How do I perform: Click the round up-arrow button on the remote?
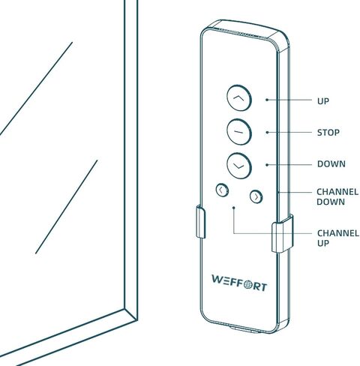(x=239, y=98)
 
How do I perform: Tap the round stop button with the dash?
(x=239, y=132)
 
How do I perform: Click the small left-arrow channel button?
(x=222, y=190)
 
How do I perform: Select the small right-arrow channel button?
(x=256, y=196)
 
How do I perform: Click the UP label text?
(x=323, y=101)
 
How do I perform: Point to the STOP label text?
(x=328, y=133)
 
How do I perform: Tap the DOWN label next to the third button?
(x=331, y=164)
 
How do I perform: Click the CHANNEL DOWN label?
(x=337, y=196)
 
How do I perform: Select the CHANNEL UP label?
(x=338, y=238)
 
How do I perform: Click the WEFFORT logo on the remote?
(x=239, y=283)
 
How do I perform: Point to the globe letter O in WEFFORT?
(x=247, y=284)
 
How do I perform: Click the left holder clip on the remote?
(x=200, y=221)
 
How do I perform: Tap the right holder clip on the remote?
(x=283, y=233)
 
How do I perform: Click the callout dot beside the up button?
(x=267, y=100)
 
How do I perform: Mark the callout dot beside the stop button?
(x=267, y=132)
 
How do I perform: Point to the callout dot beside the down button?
(x=267, y=165)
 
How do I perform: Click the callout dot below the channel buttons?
(x=234, y=208)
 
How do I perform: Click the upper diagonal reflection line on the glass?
(x=36, y=88)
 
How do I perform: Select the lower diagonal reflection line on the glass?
(x=66, y=207)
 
